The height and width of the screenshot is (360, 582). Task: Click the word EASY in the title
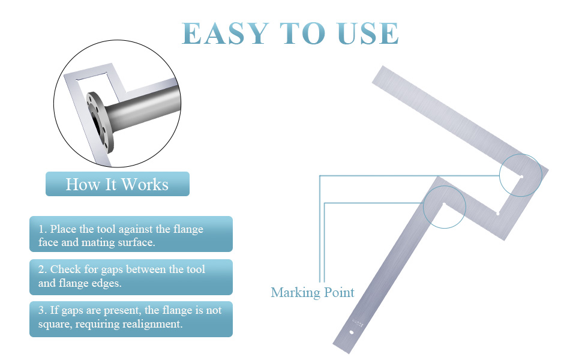[226, 34]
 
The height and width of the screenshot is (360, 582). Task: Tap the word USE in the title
[368, 34]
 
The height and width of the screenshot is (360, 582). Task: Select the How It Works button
[117, 184]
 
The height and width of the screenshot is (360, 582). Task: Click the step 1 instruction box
[131, 234]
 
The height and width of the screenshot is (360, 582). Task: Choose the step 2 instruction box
[131, 277]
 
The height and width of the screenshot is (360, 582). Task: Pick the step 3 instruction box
[131, 319]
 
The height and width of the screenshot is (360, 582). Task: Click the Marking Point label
[313, 292]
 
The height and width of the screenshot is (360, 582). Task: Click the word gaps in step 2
[112, 270]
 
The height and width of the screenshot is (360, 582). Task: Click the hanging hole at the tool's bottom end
[352, 332]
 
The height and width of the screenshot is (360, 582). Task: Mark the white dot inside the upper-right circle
[521, 176]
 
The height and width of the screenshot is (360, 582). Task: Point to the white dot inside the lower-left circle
[444, 204]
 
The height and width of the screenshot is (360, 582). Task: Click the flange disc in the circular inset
[100, 122]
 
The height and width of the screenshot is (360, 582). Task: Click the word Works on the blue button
[145, 184]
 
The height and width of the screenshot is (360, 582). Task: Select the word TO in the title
[303, 34]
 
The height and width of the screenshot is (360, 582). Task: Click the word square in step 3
[55, 325]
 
